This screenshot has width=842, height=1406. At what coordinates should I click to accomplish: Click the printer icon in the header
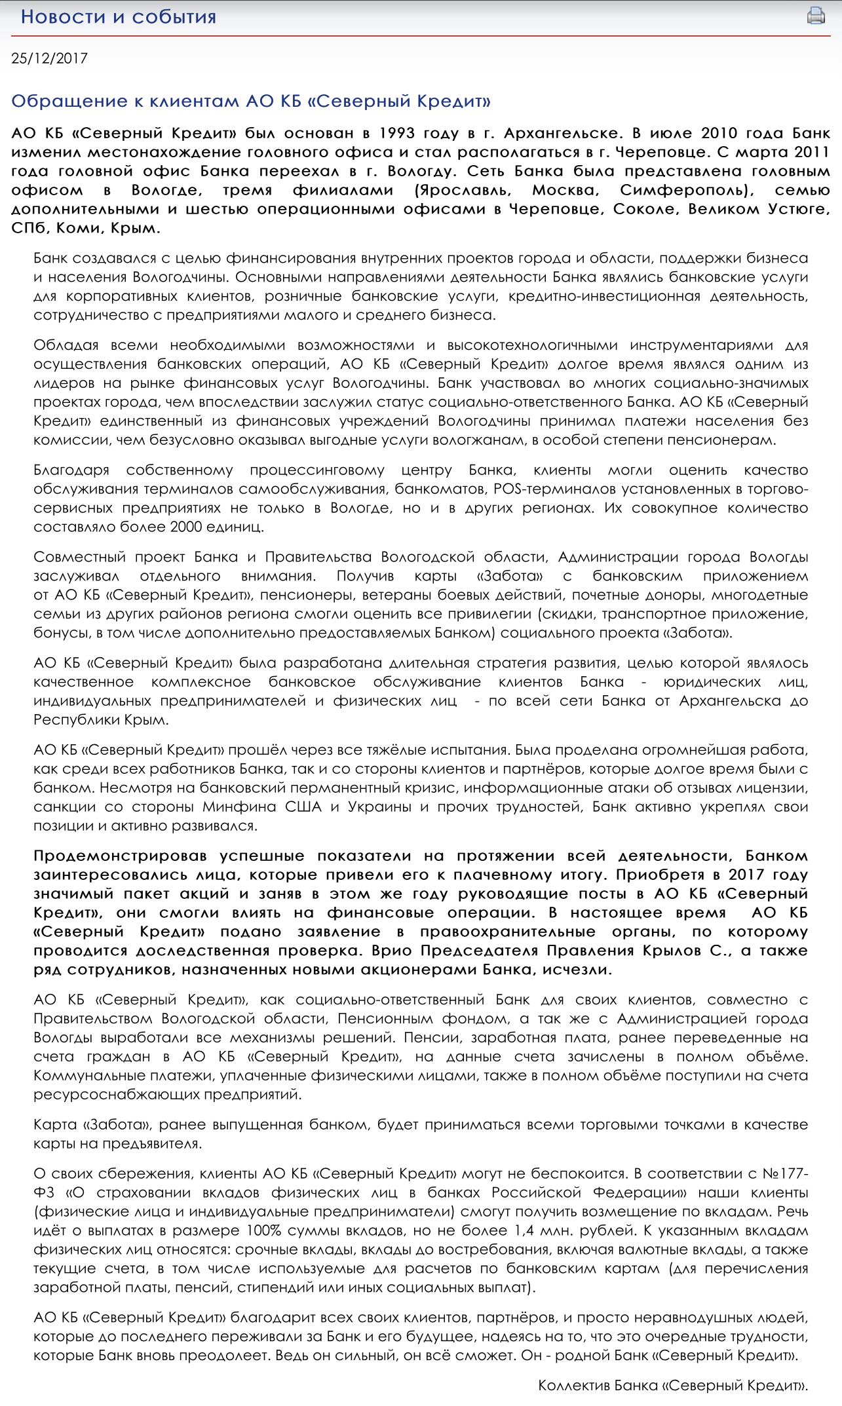816,15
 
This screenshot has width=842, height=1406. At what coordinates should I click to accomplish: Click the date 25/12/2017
50,58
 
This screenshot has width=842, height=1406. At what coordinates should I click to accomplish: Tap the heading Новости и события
119,17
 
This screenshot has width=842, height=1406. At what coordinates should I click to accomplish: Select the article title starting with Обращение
251,102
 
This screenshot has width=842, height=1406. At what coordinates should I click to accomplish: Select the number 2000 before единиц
186,527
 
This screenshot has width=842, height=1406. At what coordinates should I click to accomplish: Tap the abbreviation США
303,807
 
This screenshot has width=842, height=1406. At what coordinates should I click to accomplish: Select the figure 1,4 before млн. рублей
523,1230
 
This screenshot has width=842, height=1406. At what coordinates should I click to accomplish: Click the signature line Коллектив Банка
673,1385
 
